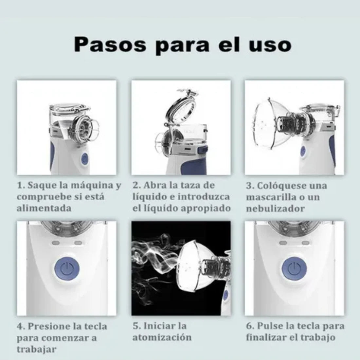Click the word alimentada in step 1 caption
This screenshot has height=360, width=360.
(x=44, y=208)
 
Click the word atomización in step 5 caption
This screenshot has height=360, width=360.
(x=162, y=337)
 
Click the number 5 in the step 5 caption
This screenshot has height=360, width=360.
(x=135, y=326)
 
